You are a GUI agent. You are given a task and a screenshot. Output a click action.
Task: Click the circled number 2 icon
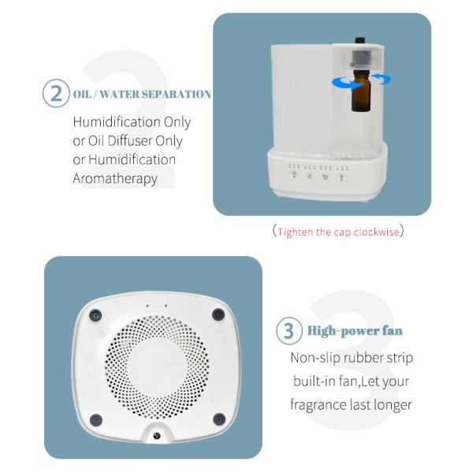(x=55, y=94)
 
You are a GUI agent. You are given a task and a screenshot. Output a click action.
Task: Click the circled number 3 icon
(x=289, y=331)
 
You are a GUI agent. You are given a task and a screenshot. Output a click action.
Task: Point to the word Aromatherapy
(x=115, y=178)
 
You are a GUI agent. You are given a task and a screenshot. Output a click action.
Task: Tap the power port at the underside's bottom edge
(x=157, y=436)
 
